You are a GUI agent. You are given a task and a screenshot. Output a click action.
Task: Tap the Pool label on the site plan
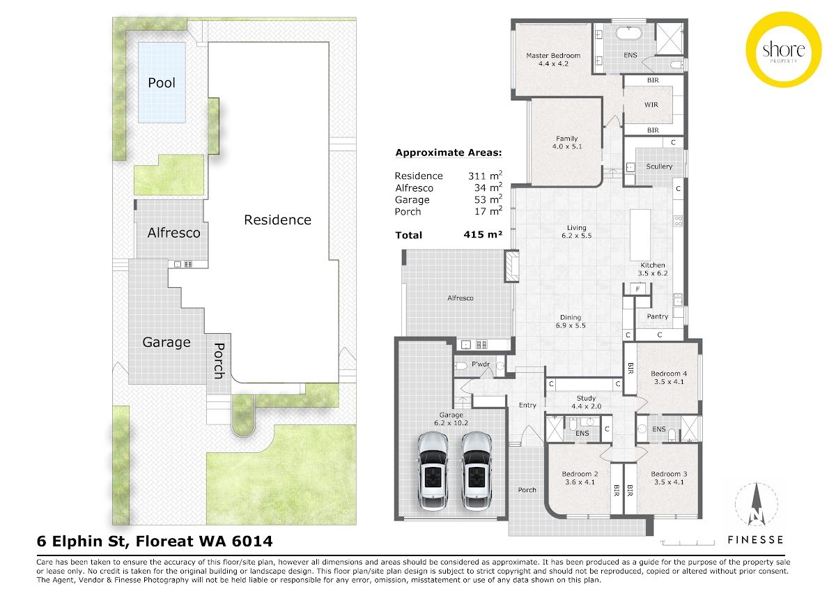(162, 83)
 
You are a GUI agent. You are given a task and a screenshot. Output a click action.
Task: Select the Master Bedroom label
(553, 59)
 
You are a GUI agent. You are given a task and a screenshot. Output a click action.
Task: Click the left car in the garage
(433, 470)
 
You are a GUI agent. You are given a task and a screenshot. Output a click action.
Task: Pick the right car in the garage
(477, 470)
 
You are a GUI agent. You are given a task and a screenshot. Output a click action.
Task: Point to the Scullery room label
(659, 167)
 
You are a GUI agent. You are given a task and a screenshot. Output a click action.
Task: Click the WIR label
(651, 105)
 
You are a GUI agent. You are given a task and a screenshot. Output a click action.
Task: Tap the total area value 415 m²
(483, 236)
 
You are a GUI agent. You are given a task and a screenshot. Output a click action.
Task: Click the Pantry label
(657, 316)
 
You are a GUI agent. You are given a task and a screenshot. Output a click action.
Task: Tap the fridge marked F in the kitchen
(636, 289)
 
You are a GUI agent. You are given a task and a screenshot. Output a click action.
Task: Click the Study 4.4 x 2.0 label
(581, 402)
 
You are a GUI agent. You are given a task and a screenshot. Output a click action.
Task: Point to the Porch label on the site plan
(219, 360)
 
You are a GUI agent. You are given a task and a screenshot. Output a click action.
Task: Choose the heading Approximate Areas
(448, 153)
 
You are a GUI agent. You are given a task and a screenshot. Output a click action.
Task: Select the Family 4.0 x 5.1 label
(566, 142)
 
